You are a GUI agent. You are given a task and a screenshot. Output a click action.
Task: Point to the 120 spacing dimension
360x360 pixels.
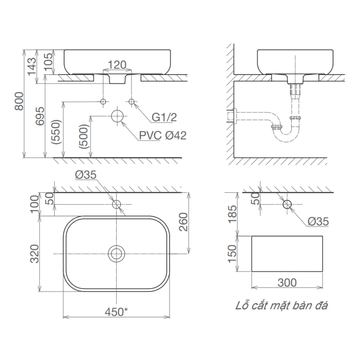(117, 65)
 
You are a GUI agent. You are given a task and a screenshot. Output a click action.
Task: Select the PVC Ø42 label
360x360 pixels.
(163, 135)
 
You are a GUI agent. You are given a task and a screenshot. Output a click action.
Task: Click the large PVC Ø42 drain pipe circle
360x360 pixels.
(117, 116)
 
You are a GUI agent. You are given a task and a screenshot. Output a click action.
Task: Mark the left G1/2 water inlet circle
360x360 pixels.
(103, 102)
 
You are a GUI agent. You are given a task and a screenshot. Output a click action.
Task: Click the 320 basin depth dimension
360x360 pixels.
(35, 255)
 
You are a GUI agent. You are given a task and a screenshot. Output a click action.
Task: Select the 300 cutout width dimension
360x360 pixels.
(287, 283)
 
